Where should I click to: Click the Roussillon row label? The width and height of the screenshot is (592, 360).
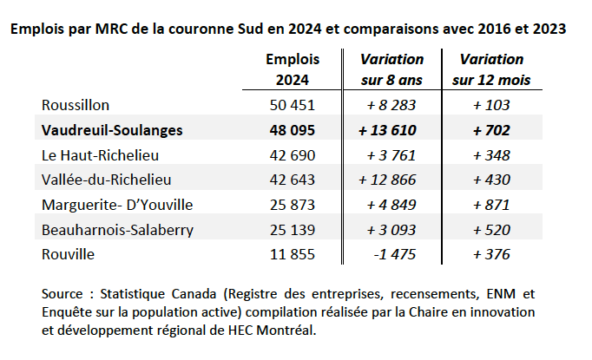tap(76, 105)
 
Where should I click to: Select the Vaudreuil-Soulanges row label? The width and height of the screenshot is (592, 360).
tap(112, 130)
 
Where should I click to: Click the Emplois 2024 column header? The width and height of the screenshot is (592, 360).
tap(293, 69)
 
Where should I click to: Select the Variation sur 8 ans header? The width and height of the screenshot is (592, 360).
tap(391, 69)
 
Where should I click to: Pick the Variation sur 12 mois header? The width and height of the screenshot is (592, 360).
tap(491, 69)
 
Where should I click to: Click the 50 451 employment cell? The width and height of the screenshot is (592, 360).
tap(293, 105)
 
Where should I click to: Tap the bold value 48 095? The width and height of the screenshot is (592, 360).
tap(293, 130)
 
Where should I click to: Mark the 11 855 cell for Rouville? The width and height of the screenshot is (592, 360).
tap(293, 254)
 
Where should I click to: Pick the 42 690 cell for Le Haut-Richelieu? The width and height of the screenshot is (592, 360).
tap(293, 155)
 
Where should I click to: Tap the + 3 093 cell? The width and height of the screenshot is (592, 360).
tap(391, 230)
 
